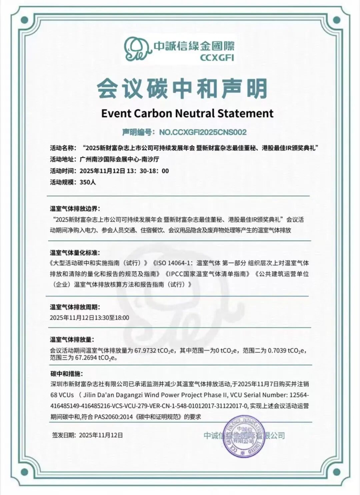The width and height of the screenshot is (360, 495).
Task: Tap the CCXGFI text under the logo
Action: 217,58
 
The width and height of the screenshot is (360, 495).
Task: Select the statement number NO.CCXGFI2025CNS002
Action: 203,132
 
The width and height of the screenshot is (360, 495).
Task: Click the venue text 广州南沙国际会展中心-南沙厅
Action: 119,159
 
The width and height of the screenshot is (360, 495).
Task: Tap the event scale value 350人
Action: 88,182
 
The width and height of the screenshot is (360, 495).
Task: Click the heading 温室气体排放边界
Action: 75,209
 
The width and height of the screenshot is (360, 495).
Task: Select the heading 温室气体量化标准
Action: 75,253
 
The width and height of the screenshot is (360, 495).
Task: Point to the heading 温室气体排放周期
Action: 75,307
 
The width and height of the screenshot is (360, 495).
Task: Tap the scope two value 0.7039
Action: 277,351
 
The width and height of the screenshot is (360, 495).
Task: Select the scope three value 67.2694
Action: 84,358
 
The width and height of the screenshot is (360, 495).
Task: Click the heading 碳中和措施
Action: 66,374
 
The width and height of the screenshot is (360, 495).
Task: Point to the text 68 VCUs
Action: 62,395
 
